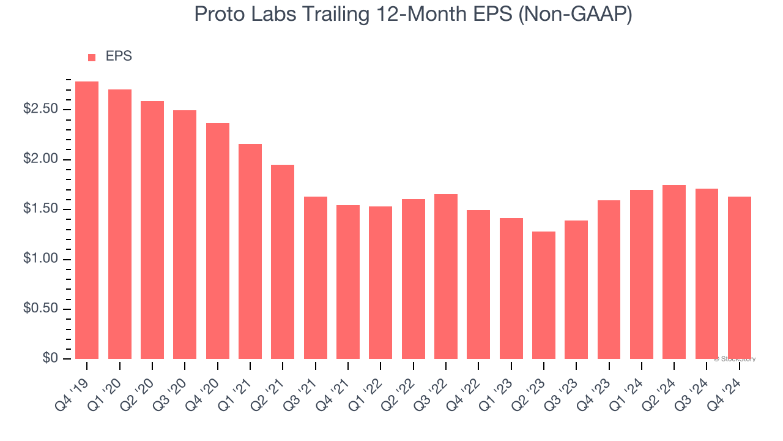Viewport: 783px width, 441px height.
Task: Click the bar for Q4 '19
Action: point(87,220)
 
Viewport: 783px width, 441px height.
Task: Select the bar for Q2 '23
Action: point(544,295)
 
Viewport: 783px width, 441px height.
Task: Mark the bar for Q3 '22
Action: point(446,276)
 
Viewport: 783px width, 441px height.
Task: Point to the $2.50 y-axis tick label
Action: point(40,110)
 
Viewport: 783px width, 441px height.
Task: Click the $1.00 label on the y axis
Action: point(40,259)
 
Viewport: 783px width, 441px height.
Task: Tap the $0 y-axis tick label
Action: point(50,359)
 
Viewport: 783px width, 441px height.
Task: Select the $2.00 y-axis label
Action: point(40,160)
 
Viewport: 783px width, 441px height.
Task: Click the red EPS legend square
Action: point(92,58)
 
